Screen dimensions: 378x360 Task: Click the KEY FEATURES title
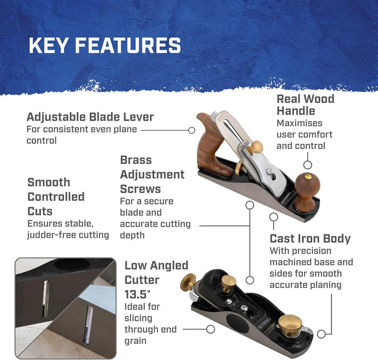pyautogui.click(x=105, y=45)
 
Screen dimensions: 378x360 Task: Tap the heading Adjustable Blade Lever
pyautogui.click(x=90, y=117)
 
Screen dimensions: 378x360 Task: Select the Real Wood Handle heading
pyautogui.click(x=306, y=105)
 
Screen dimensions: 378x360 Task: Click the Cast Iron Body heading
pyautogui.click(x=310, y=239)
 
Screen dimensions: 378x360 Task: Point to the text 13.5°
pyautogui.click(x=137, y=294)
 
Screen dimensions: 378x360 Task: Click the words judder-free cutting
pyautogui.click(x=68, y=235)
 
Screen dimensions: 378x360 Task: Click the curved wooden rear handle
pyautogui.click(x=212, y=145)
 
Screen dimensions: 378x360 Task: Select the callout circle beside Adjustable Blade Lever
pyautogui.click(x=192, y=130)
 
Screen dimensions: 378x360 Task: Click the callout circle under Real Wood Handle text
pyautogui.click(x=308, y=165)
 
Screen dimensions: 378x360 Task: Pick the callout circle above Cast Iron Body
pyautogui.click(x=274, y=217)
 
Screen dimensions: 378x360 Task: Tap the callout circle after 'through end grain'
pyautogui.click(x=211, y=329)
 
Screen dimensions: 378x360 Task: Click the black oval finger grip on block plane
pyautogui.click(x=237, y=323)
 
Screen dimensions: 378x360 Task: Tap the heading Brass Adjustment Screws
pyautogui.click(x=152, y=174)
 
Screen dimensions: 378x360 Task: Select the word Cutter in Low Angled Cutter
pyautogui.click(x=142, y=280)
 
